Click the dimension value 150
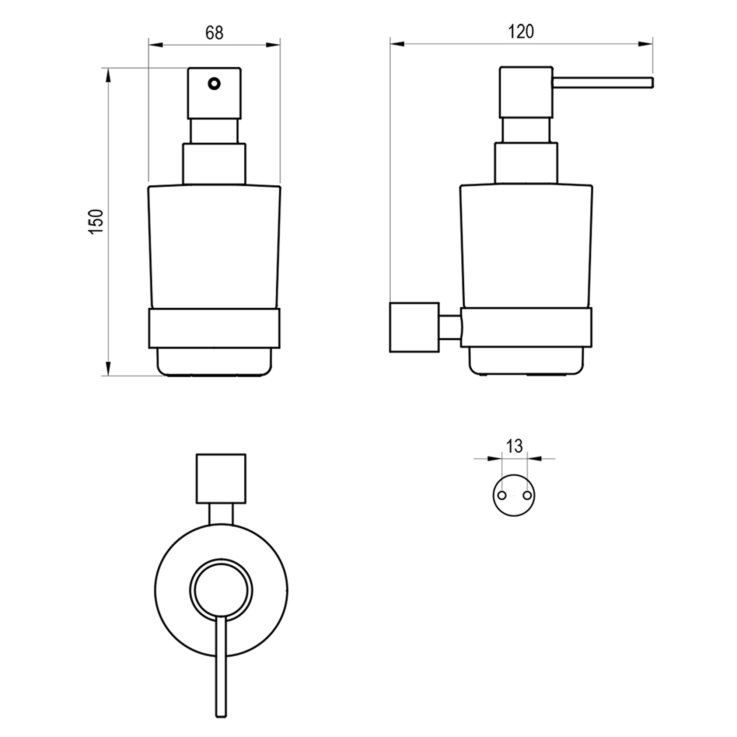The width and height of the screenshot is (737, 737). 96,221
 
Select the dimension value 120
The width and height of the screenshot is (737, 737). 521,32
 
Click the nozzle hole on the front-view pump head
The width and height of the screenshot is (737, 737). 214,84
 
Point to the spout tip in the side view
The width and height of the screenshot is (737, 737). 652,83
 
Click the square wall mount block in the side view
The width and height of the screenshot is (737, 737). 414,327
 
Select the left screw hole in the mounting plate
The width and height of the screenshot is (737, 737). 502,495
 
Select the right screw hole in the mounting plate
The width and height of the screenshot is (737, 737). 527,495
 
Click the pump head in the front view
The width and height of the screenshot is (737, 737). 214,93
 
